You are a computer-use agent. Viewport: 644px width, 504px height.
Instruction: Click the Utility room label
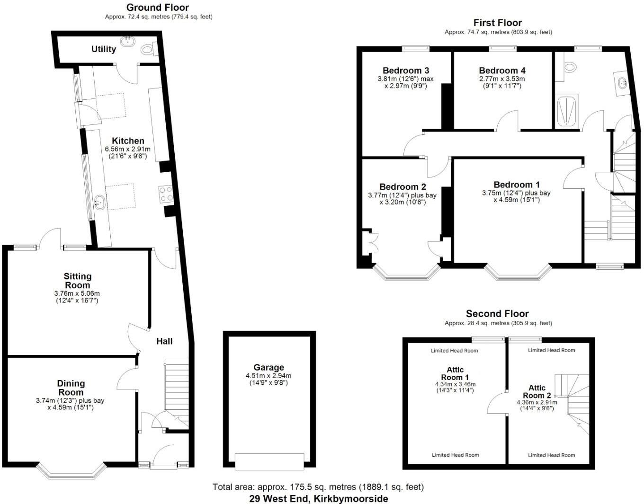point(103,49)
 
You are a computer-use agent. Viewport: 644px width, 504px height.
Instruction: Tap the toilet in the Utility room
point(148,48)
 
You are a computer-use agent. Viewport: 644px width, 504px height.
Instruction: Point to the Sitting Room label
point(78,281)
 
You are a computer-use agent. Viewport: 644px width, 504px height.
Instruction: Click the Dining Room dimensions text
point(70,404)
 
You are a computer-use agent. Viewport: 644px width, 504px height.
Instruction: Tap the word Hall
point(164,341)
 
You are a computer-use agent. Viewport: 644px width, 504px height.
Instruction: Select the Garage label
point(268,367)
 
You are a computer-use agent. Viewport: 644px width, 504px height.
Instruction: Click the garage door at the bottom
point(269,461)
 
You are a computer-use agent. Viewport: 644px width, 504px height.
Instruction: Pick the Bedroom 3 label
point(406,71)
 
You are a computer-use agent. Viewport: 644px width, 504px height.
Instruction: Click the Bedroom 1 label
point(516,185)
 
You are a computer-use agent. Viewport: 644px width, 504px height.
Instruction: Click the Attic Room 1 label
point(455,373)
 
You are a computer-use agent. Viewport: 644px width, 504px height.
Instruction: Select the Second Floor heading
point(497,314)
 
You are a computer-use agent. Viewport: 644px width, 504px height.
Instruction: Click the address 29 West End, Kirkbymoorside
point(318,499)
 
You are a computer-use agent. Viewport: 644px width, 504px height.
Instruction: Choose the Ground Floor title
point(157,8)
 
